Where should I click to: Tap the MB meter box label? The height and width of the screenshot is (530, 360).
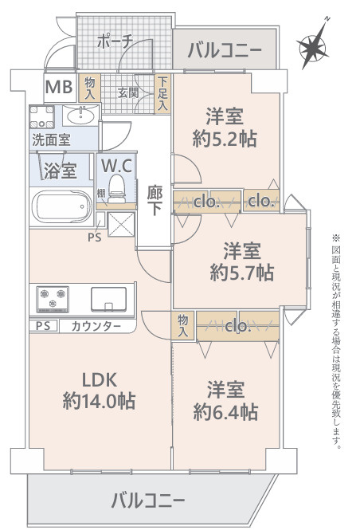[x=59, y=87]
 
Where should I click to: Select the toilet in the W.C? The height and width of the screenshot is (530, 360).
[x=117, y=189]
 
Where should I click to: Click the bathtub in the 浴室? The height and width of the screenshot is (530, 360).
[x=62, y=206]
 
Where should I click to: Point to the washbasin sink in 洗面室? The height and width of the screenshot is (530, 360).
[x=80, y=116]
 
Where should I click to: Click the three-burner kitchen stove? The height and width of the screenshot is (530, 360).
[x=53, y=299]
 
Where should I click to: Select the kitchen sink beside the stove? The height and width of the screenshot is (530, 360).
[x=109, y=299]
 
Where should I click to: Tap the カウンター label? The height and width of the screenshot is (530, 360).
[x=96, y=326]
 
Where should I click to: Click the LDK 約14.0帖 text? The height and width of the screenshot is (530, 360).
[x=100, y=391]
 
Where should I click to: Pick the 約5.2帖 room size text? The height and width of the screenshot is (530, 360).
[x=225, y=139]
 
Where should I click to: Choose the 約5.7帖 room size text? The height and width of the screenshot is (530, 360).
[x=242, y=273]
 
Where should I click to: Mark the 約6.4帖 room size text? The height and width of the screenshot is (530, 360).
[x=225, y=412]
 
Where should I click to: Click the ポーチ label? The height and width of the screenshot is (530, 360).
[x=115, y=42]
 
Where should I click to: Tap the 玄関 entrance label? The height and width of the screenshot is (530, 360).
[x=128, y=92]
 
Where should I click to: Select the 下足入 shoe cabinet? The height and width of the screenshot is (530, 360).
[x=162, y=93]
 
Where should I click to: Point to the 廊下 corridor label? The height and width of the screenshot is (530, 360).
[x=155, y=201]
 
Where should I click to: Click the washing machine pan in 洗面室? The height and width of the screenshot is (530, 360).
[x=41, y=117]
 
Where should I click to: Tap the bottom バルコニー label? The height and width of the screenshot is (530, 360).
[x=148, y=500]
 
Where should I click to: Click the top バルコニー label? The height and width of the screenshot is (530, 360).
[x=225, y=51]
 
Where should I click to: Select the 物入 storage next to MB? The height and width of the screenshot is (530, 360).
[x=89, y=88]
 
